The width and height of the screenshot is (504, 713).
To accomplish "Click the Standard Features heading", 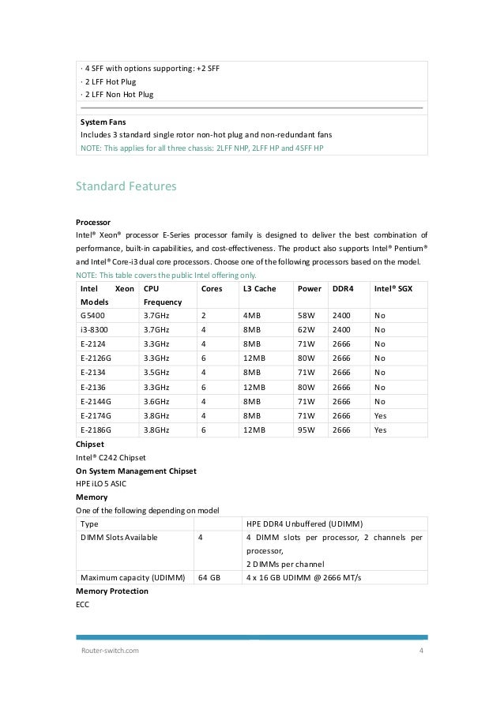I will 126,187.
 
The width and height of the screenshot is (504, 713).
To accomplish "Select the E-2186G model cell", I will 99,430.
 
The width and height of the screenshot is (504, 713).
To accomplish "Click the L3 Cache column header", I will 259,289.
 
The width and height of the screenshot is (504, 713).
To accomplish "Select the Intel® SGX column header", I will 393,289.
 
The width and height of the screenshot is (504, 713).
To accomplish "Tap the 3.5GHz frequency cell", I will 158,373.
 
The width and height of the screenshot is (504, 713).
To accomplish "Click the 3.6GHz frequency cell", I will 158,402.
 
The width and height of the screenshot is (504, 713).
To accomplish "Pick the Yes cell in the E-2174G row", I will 381,416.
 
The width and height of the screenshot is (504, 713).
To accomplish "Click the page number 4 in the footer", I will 421,650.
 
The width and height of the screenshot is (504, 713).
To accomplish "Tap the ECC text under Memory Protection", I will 82,604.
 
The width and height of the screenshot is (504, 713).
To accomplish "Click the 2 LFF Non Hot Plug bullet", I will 117,94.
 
